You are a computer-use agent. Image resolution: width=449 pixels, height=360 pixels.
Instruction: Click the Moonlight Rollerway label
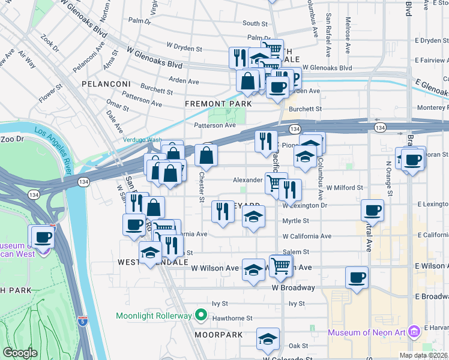tap(155, 315)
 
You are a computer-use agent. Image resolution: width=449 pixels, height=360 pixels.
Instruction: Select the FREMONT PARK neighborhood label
tap(218, 104)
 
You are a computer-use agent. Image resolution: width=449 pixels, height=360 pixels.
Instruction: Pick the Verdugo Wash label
tap(142, 140)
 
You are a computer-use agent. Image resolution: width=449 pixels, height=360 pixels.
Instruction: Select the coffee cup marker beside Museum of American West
tap(41, 236)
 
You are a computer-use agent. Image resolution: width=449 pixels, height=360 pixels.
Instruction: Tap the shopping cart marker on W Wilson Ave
tap(281, 266)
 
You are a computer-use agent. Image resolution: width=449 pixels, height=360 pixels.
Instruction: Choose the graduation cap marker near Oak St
tap(268, 339)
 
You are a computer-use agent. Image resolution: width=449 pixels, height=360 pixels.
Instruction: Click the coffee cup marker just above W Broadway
tap(357, 278)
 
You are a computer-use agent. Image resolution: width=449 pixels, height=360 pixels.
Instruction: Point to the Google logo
tap(20, 353)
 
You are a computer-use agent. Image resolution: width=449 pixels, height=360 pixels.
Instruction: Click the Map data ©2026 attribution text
tap(423, 355)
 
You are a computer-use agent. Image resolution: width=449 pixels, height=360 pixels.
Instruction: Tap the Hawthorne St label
tap(235, 319)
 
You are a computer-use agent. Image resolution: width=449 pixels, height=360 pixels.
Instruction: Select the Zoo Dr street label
tap(11, 139)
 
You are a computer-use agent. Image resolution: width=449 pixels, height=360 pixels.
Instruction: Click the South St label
tap(255, 23)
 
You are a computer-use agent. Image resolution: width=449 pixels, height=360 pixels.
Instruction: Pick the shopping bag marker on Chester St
tap(206, 155)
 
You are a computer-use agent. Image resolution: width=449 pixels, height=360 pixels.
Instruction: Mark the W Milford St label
tap(345, 188)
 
